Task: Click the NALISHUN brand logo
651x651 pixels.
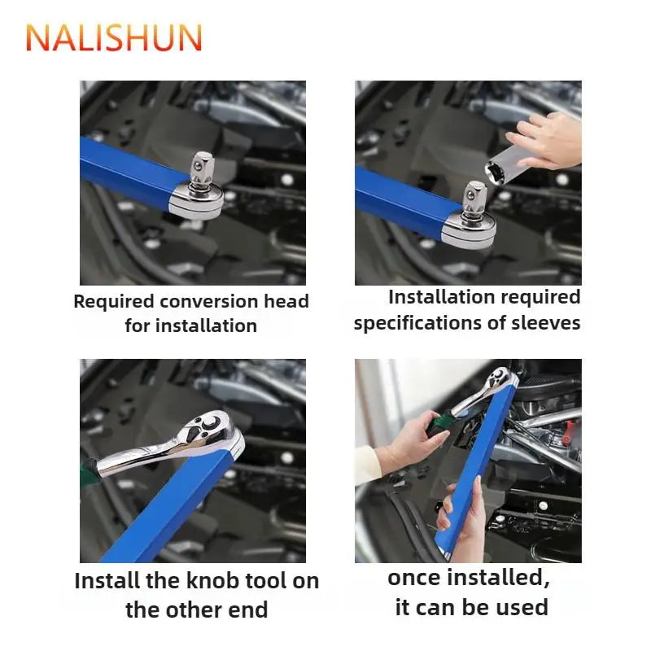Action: click(x=114, y=37)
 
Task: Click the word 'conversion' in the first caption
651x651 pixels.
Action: click(x=211, y=302)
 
